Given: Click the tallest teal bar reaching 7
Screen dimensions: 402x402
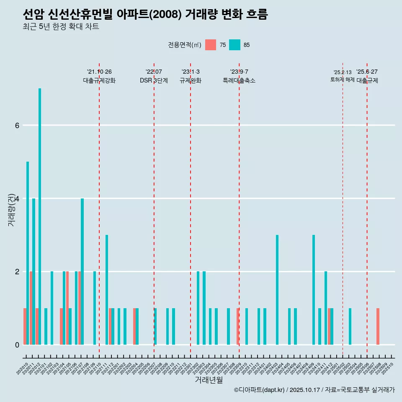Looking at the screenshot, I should coord(40,216).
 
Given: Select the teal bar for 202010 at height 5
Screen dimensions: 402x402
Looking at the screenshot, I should coord(28,253).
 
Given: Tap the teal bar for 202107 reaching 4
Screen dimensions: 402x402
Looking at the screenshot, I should coord(82,271).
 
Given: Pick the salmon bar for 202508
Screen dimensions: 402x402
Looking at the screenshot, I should coord(378,327).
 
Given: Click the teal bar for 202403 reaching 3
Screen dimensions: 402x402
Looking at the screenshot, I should coord(277,290).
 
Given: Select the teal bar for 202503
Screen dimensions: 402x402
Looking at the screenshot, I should coord(350,327).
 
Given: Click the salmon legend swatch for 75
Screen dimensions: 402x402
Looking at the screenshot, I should coord(211,45).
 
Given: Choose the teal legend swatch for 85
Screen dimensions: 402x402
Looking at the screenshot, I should coord(234,45).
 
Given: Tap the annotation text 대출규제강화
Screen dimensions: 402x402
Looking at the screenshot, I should coord(99,81).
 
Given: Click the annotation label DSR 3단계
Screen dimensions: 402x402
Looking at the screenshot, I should coord(154,81).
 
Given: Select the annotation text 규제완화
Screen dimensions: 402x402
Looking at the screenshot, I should coord(191,81).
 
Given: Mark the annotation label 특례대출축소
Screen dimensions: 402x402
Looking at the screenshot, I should coord(239,81).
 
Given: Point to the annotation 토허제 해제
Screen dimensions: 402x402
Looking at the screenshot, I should coord(343,80).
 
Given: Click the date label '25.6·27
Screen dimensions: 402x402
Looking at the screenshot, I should coord(367,72).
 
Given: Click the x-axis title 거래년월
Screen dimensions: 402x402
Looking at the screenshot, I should coord(209,380).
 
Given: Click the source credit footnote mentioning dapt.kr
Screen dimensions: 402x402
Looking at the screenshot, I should coord(314,390).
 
